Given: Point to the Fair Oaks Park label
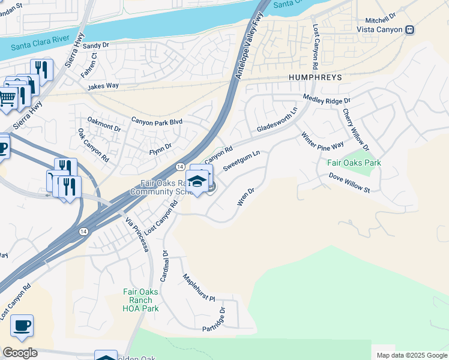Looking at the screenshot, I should click(354, 163).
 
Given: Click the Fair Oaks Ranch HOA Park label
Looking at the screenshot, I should click(140, 300).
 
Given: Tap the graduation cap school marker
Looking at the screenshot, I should click(197, 181).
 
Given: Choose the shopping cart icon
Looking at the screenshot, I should click(7, 97).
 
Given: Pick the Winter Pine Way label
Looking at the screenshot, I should click(322, 141).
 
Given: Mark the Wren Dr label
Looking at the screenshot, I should click(246, 196).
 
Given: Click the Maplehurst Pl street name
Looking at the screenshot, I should click(198, 288).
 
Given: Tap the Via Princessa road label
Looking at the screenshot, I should click(137, 235).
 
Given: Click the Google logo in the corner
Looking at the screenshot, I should click(20, 353).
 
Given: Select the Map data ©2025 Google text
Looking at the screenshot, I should click(411, 355).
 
